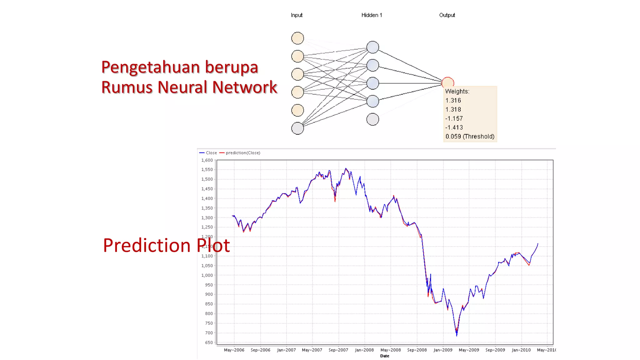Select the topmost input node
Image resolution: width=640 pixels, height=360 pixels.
tap(297, 38)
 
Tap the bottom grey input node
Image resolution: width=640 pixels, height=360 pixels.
tap(297, 128)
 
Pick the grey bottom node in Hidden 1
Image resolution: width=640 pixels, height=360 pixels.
tap(372, 119)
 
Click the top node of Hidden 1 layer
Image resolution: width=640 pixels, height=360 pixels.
tap(372, 47)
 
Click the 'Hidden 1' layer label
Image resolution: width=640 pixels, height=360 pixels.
tap(372, 15)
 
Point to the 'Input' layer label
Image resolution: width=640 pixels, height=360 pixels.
tap(297, 15)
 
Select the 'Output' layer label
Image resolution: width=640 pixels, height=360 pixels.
tap(447, 15)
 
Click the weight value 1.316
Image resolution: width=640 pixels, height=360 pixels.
tap(453, 100)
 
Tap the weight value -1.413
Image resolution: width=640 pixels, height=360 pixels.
tap(454, 127)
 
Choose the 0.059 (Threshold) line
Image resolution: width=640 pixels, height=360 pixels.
tap(470, 137)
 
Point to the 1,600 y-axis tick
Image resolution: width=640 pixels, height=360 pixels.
tap(207, 160)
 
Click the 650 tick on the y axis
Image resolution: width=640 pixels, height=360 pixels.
tap(209, 342)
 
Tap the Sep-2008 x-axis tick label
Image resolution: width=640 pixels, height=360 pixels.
tap(417, 350)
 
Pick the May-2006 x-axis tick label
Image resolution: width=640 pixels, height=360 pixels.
tap(234, 350)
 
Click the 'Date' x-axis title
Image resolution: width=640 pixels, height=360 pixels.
tap(385, 356)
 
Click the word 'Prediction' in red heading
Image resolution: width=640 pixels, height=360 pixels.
tap(147, 245)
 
